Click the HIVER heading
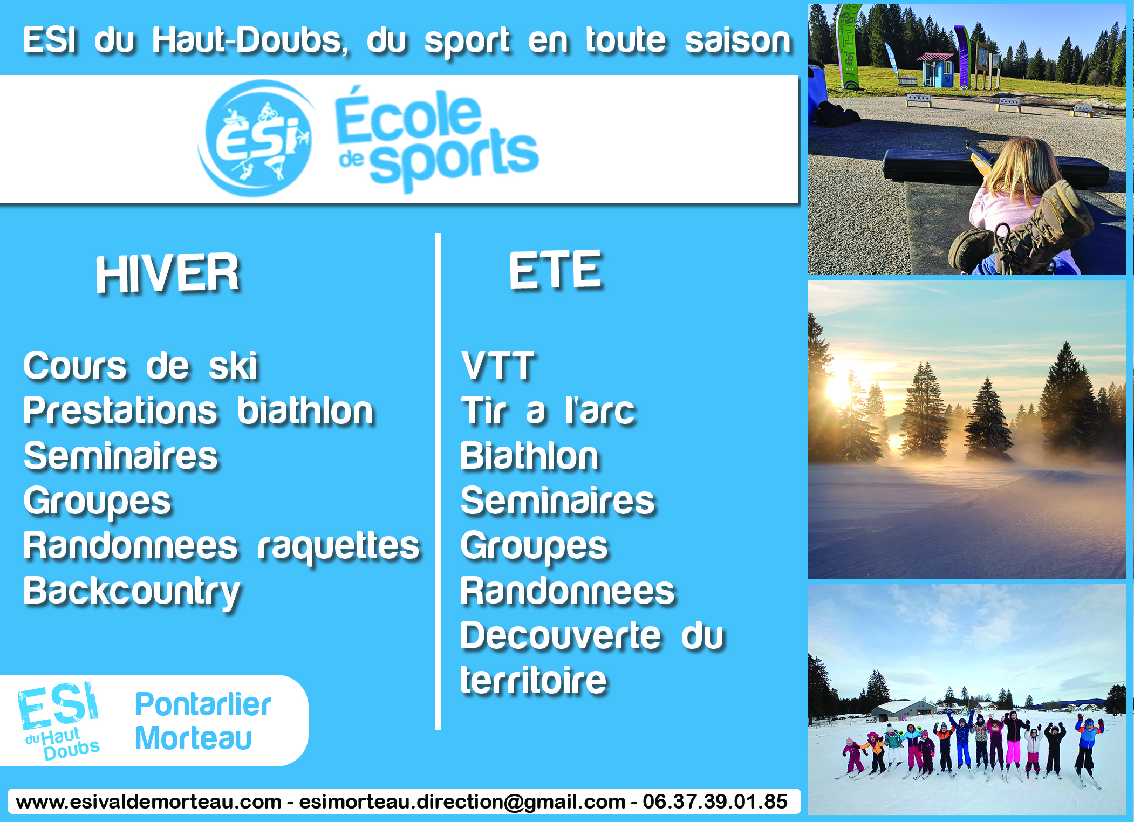point(168,273)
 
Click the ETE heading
point(556,270)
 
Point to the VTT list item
point(498,366)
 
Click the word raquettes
point(339,547)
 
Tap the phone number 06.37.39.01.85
point(715,802)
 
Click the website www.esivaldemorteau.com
point(149,802)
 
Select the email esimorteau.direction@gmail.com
point(462,802)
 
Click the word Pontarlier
point(203,704)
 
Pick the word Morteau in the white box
point(194,738)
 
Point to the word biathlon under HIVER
point(305,411)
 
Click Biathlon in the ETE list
point(530,456)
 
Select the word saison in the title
point(738,41)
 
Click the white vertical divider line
point(438,481)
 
